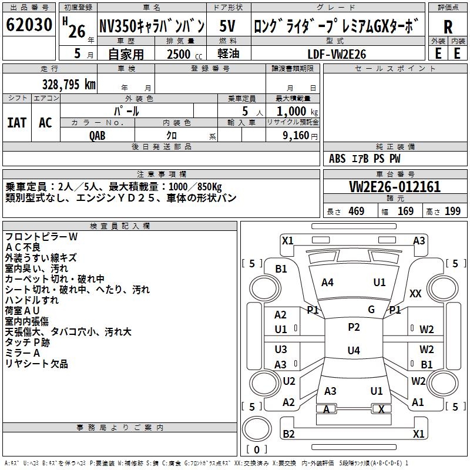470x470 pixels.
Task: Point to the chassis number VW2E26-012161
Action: point(395,187)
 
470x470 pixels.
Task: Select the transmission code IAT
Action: point(16,122)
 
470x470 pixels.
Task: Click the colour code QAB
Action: point(98,135)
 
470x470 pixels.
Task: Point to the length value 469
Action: point(356,211)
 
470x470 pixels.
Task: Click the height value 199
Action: point(452,211)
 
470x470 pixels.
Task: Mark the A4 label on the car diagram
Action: point(327,283)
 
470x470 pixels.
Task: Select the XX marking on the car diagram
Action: point(415,293)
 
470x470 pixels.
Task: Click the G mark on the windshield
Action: point(371,310)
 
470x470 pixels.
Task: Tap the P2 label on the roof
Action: point(354,327)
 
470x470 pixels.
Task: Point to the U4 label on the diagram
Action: point(353,351)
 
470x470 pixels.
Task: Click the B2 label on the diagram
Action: point(288,434)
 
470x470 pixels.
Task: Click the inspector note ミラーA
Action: point(23,353)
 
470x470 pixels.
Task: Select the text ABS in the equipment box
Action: point(337,159)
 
